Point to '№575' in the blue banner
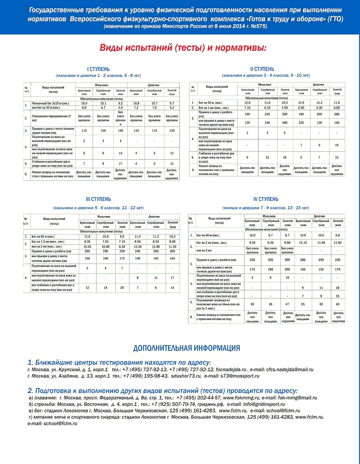[x=257, y=26]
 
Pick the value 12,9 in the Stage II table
[x=301, y=102]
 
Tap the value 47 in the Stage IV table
[x=287, y=304]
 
